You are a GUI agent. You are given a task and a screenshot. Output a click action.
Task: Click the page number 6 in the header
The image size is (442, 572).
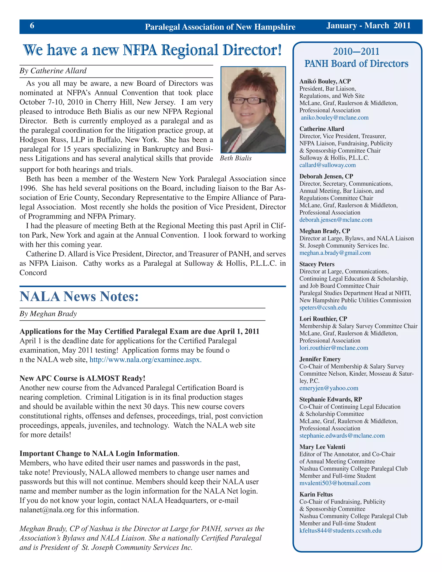32,25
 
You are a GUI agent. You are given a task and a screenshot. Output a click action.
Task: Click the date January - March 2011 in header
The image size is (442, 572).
368,25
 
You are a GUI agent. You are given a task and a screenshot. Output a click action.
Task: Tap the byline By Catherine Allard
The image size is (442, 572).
53,71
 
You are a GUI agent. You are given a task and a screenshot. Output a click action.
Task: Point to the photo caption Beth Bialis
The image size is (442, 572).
236,158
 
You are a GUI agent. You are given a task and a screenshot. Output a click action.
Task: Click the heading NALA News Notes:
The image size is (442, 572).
79,297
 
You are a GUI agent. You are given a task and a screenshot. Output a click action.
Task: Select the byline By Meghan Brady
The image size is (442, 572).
48,314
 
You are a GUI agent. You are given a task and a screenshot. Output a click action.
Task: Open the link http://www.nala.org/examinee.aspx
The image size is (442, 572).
145,360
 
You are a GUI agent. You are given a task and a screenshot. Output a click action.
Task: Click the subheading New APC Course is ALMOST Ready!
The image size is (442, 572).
82,378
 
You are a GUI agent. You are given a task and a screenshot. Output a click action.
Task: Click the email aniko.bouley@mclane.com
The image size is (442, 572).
335,118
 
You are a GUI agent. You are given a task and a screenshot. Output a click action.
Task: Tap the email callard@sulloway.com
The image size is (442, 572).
327,165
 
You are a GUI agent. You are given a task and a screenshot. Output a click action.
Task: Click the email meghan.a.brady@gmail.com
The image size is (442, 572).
335,253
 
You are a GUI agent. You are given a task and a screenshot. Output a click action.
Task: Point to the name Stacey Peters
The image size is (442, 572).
317,264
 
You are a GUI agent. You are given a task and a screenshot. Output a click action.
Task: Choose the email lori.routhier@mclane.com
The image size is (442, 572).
334,348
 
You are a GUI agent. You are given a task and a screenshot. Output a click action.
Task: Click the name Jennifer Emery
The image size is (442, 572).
320,359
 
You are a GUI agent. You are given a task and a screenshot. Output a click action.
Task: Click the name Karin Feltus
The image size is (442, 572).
316,494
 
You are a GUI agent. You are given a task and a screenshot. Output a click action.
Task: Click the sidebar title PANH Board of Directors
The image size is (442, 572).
356,64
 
